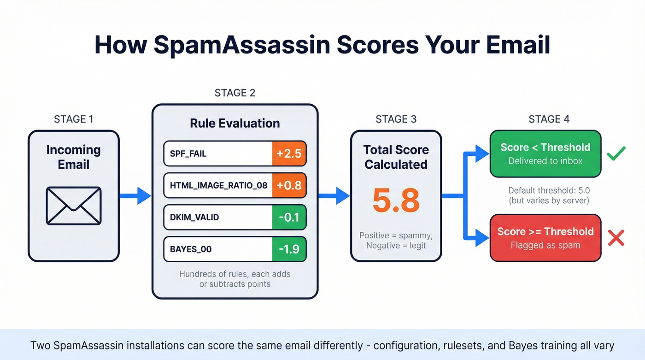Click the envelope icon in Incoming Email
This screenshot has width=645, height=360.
pyautogui.click(x=73, y=206)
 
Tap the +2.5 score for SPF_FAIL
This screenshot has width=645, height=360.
pyautogui.click(x=289, y=153)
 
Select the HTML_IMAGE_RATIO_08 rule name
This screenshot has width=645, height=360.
pyautogui.click(x=219, y=185)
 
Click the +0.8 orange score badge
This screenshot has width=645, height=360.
pyautogui.click(x=289, y=185)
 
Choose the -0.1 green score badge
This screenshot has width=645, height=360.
pyautogui.click(x=289, y=217)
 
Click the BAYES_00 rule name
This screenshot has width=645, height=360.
pyautogui.click(x=191, y=249)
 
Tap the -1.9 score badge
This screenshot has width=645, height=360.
pyautogui.click(x=289, y=249)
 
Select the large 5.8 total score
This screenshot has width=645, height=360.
pyautogui.click(x=396, y=201)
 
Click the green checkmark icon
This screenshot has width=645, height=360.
pyautogui.click(x=616, y=153)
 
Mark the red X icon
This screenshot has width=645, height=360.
pyautogui.click(x=616, y=238)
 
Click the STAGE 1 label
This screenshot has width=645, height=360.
pyautogui.click(x=73, y=119)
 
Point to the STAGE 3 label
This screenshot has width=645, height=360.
pyautogui.click(x=396, y=119)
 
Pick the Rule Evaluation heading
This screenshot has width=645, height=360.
pyautogui.click(x=235, y=124)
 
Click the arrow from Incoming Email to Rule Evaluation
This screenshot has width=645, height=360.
pyautogui.click(x=135, y=196)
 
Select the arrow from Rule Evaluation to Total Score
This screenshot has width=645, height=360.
pyautogui.click(x=334, y=196)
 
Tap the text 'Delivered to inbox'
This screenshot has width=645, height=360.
pyautogui.click(x=545, y=161)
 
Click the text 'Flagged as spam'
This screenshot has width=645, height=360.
pyautogui.click(x=545, y=245)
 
